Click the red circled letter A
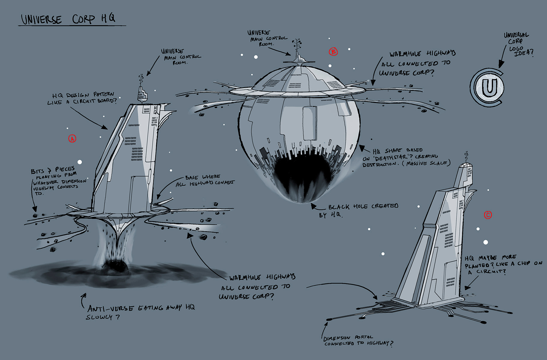pyautogui.click(x=72, y=139)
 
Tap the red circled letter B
pyautogui.click(x=333, y=52)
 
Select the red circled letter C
pyautogui.click(x=488, y=215)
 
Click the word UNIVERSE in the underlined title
pyautogui.click(x=41, y=20)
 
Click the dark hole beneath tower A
pyautogui.click(x=115, y=265)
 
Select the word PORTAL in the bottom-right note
pyautogui.click(x=364, y=337)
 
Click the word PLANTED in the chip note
pyautogui.click(x=477, y=266)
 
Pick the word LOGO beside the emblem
pyautogui.click(x=516, y=48)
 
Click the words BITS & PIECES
pyautogui.click(x=53, y=170)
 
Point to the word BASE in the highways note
pyautogui.click(x=192, y=178)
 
